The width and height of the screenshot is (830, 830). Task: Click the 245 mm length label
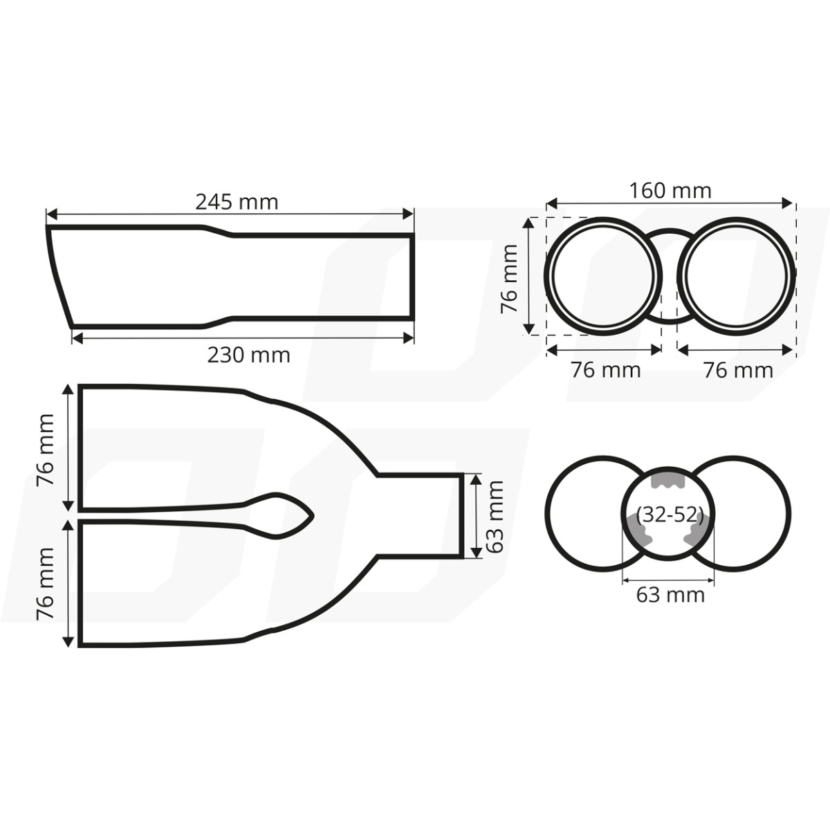(237, 202)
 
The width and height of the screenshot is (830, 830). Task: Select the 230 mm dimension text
(248, 355)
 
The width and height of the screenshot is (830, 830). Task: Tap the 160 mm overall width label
(670, 190)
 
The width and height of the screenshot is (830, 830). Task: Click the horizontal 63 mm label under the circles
(670, 594)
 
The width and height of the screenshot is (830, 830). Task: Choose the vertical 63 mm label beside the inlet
(495, 517)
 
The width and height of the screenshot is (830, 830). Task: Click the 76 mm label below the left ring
(606, 370)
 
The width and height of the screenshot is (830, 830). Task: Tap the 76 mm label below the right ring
(738, 370)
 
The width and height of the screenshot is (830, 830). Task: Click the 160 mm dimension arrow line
(670, 203)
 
